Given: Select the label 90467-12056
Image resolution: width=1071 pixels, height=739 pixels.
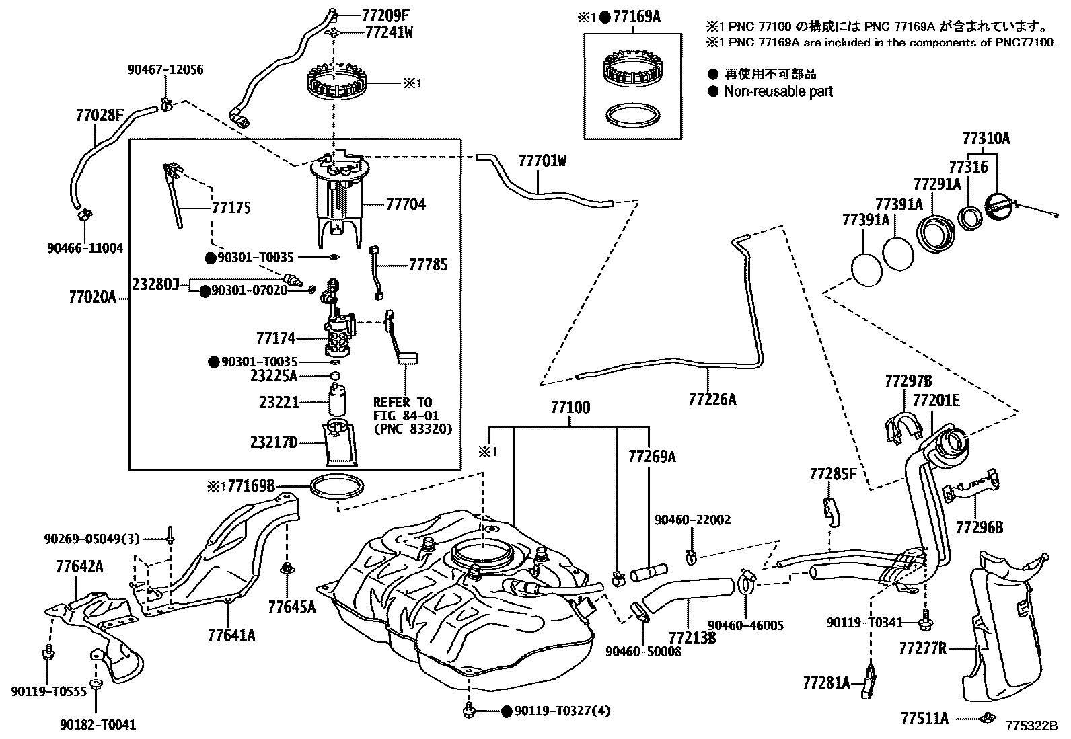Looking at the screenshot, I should click(x=165, y=70).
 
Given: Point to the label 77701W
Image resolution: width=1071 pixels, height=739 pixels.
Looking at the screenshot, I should click(x=542, y=161).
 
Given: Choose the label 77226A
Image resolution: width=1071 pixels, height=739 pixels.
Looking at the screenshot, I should click(x=712, y=399).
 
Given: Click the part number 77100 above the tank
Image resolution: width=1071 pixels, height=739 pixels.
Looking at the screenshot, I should click(x=570, y=407).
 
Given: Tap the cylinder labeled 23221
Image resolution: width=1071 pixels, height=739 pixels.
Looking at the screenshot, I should click(x=337, y=401).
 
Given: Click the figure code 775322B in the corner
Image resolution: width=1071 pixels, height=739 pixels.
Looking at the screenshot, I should click(x=1032, y=727).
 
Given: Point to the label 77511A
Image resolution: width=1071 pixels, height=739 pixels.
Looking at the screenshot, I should click(x=924, y=719).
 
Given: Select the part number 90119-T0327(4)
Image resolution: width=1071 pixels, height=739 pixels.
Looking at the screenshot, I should click(x=562, y=711).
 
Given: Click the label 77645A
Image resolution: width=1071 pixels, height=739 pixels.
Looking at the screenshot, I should click(x=291, y=607).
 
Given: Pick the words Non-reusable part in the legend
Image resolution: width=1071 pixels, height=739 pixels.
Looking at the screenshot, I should click(x=778, y=91).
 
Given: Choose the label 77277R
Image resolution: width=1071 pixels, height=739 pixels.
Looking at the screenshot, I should click(x=922, y=648).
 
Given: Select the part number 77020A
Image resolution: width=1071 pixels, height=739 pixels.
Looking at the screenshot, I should click(x=92, y=296).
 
